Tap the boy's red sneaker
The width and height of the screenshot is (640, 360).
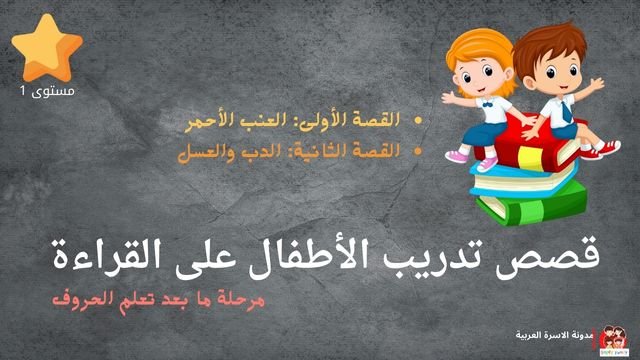click(603, 150)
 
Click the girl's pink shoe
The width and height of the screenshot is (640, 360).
click(457, 156)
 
